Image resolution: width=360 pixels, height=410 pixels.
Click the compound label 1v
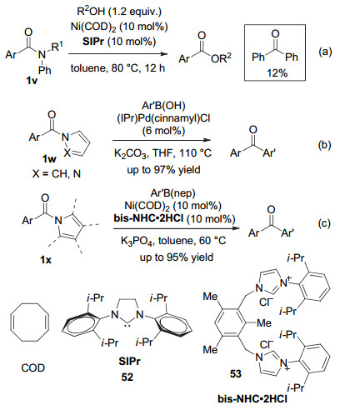[31, 81]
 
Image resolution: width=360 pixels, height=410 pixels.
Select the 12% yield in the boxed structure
[277, 73]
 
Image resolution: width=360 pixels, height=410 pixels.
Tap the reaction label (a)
[325, 52]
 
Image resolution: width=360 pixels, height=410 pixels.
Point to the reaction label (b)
[324, 145]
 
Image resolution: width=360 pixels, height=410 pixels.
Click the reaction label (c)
[324, 223]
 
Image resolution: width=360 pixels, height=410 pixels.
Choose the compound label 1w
[49, 159]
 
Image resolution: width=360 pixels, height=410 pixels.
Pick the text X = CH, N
[57, 174]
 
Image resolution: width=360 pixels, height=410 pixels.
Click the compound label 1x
[46, 260]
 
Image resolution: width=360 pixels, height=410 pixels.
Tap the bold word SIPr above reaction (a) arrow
[93, 42]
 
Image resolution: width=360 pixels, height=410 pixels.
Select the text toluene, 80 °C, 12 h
[117, 67]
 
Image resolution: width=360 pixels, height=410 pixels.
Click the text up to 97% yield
[163, 169]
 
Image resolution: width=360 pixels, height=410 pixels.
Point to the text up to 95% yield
[177, 257]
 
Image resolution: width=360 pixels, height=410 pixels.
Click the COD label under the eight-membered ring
[32, 368]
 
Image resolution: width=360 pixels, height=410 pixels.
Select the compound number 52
[127, 377]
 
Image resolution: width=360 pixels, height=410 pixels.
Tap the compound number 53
[236, 374]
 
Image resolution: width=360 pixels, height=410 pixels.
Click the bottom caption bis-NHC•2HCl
[252, 399]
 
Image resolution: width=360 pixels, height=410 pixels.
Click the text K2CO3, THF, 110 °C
[162, 153]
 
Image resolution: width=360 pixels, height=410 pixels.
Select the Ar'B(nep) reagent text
[173, 193]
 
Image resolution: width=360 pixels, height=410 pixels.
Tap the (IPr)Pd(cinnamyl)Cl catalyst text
[163, 118]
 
